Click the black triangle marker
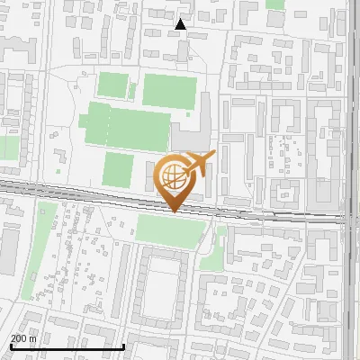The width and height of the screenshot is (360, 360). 181,24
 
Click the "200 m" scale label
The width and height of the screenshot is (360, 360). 23,338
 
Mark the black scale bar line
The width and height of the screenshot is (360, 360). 67,346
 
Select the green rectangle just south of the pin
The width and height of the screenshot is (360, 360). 169,230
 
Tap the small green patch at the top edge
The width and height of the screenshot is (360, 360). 275,4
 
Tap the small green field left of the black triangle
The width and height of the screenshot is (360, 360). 113,85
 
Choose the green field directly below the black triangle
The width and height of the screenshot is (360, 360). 169,90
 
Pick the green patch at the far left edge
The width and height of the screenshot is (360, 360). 7,147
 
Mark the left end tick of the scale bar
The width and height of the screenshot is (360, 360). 11,346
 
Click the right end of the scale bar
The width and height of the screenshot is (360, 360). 124,346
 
